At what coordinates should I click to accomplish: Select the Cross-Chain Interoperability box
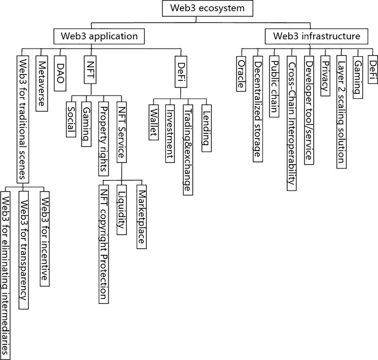(291, 121)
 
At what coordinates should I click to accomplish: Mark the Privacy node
(324, 75)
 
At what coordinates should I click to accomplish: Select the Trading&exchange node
(187, 141)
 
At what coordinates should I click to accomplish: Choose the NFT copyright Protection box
(104, 242)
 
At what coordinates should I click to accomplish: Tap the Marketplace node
(141, 215)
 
